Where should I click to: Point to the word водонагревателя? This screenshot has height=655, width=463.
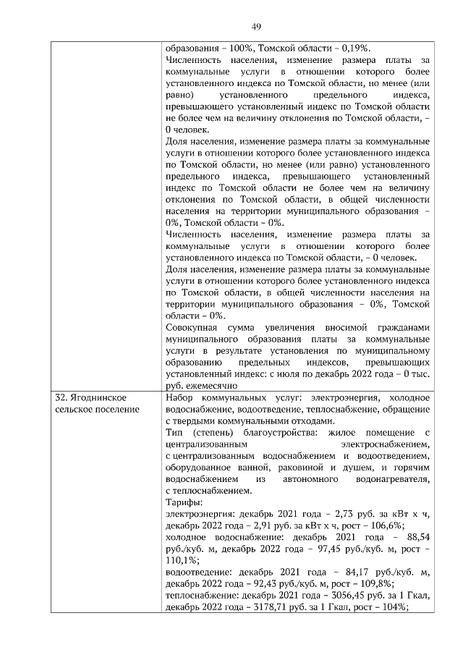[394, 479]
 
